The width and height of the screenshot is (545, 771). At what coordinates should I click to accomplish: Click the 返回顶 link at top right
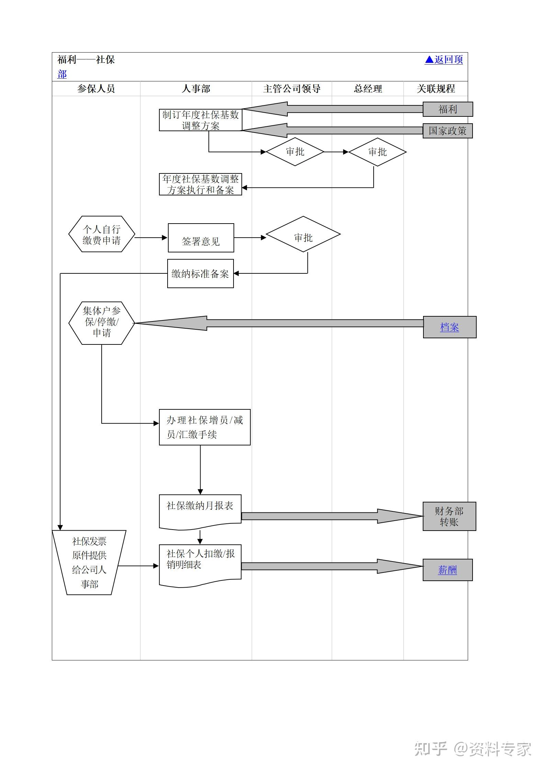click(444, 60)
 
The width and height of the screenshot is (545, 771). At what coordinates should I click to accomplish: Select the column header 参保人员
click(96, 89)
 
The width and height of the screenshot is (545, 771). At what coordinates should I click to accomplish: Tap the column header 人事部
click(196, 89)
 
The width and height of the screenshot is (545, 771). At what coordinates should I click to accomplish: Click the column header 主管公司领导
click(292, 89)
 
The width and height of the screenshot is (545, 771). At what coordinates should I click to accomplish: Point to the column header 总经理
click(367, 89)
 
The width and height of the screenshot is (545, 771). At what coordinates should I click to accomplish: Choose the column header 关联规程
click(435, 89)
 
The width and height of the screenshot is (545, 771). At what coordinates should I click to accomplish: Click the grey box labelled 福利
click(447, 109)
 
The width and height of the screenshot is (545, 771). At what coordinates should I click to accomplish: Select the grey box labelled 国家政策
click(447, 131)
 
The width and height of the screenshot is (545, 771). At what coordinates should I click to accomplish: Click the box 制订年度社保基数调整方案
click(201, 120)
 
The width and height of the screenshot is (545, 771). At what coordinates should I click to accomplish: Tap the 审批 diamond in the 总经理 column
click(377, 152)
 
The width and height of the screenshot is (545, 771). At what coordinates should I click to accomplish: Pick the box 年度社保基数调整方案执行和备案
click(201, 184)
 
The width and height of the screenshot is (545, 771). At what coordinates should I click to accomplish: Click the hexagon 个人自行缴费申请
click(102, 234)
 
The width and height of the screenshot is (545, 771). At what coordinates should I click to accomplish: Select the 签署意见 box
click(201, 238)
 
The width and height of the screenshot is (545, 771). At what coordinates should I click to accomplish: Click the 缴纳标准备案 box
click(201, 274)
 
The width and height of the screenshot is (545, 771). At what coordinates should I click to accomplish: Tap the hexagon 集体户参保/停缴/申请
click(102, 323)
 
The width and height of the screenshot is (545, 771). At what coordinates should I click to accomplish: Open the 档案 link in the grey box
click(449, 327)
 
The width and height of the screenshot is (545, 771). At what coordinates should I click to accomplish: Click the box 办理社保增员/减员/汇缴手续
click(205, 427)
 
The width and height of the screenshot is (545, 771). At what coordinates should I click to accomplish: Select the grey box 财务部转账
click(449, 517)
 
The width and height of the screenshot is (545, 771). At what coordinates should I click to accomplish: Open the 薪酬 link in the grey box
click(447, 570)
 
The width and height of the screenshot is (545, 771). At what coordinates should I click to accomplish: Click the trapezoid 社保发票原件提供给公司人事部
click(89, 563)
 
